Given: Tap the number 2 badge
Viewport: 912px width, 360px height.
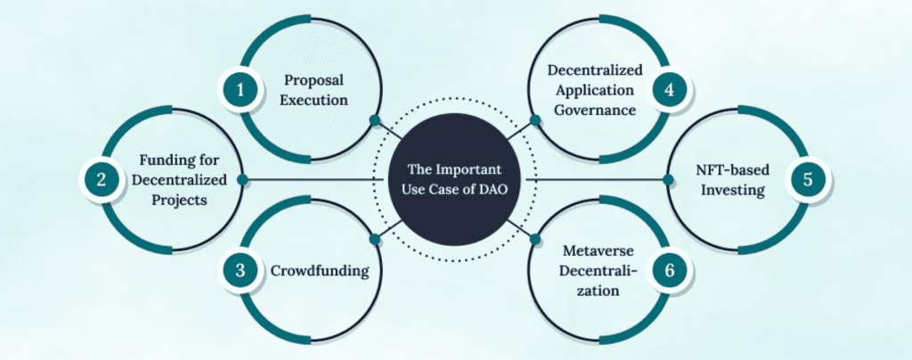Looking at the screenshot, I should coord(102,179).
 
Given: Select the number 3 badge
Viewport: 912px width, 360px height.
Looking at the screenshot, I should coord(239,269).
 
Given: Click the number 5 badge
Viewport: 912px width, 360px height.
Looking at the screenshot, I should coord(808,179).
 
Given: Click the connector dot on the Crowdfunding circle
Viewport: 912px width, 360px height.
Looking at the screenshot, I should coord(375,238).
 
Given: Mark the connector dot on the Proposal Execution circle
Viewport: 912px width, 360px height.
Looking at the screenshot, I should coord(375,120).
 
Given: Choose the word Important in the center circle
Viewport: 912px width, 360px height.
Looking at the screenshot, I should coord(476,169).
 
